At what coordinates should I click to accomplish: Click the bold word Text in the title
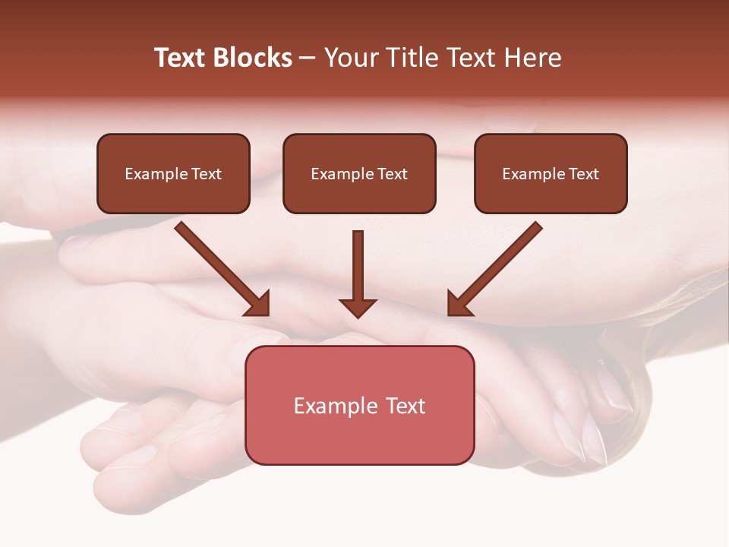point(180,58)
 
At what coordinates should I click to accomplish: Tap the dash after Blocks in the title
point(308,58)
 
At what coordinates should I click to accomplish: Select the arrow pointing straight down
point(358,273)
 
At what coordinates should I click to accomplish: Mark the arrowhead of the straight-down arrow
point(358,308)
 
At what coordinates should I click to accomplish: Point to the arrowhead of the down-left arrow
point(459,304)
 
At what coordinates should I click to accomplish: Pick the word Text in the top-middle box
point(392,174)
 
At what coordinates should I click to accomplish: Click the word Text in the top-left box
point(206,174)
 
